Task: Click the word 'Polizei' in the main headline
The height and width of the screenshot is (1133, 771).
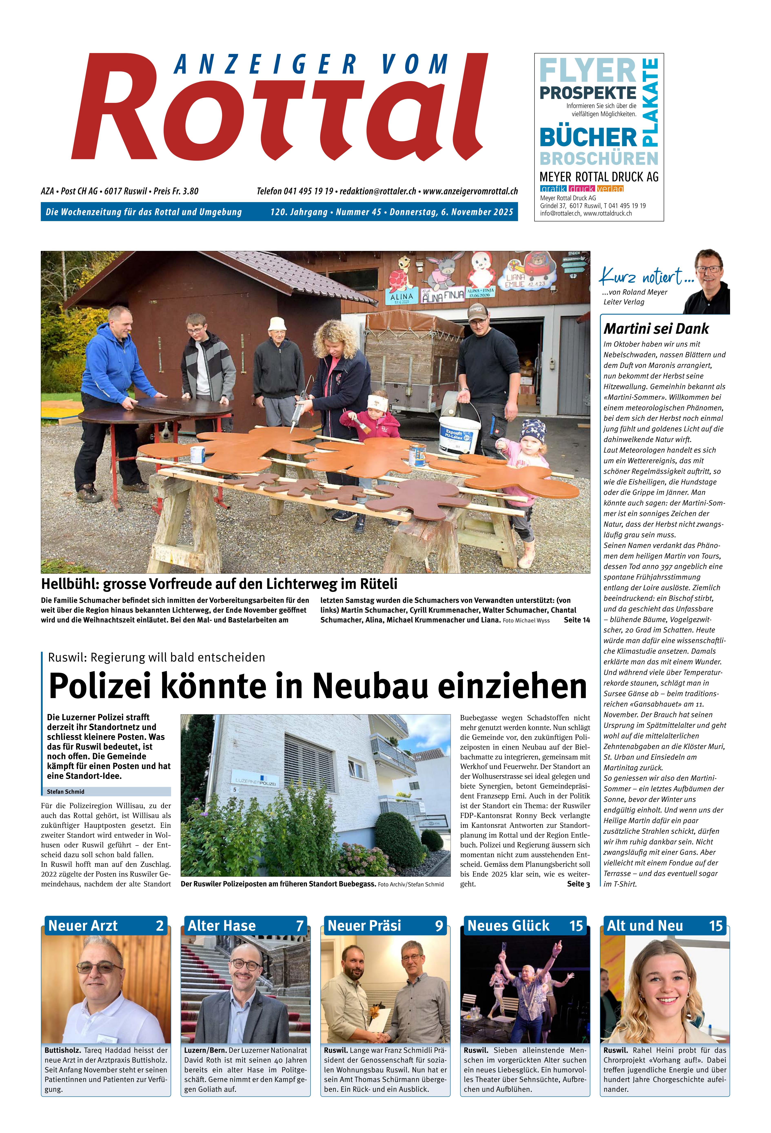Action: (x=101, y=686)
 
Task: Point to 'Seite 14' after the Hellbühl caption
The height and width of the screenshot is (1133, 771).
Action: (x=577, y=620)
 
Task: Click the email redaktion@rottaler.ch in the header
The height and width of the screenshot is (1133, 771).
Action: (x=378, y=192)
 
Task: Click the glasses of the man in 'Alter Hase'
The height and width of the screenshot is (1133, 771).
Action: (x=245, y=964)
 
